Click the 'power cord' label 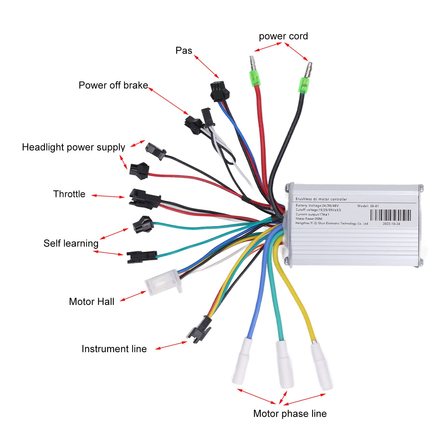tap(283, 36)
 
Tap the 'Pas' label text tap(184, 51)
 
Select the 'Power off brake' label tap(113, 85)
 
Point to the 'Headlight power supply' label tap(73, 147)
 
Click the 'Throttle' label tap(69, 194)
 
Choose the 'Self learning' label tap(71, 243)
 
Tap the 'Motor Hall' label tap(92, 301)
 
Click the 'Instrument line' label tap(114, 349)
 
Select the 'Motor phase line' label tap(290, 413)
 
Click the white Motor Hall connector tap(163, 282)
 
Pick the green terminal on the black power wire tap(304, 85)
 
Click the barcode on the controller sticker tap(390, 215)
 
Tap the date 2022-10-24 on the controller tap(391, 224)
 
